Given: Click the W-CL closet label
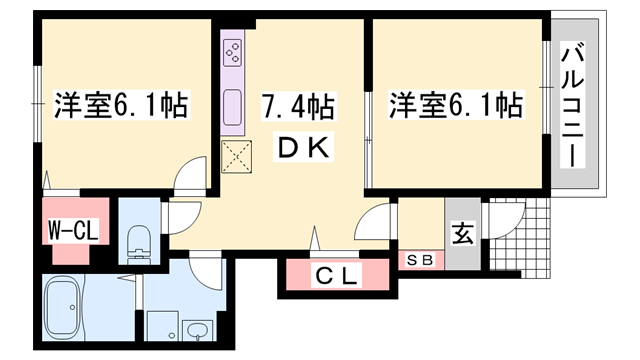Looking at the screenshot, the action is (x=73, y=230).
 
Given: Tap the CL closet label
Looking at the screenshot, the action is (x=336, y=275).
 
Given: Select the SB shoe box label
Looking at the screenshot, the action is (x=420, y=260).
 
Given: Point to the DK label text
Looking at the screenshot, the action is (x=303, y=147).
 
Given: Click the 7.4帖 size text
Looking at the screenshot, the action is (x=298, y=106).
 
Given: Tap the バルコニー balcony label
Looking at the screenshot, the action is (x=572, y=104).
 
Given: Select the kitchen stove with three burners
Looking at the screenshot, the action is (x=233, y=53).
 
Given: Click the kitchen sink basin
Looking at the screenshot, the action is (x=233, y=107).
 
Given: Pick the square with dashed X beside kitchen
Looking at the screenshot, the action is (x=236, y=157).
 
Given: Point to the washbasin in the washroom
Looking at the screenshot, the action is (x=198, y=331).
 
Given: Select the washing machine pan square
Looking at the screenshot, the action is (x=162, y=326).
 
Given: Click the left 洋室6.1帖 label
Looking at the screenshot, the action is (x=121, y=105).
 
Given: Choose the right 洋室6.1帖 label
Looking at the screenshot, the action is (x=456, y=105).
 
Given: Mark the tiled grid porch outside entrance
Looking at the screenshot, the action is (x=520, y=238).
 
